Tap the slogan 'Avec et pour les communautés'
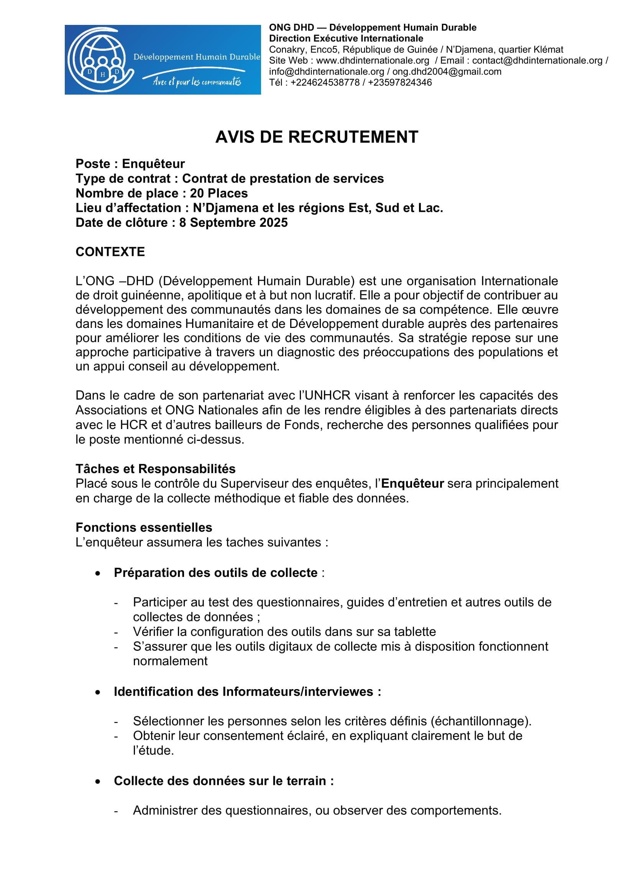(x=197, y=82)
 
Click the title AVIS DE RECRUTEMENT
(x=317, y=137)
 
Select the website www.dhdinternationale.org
(x=373, y=61)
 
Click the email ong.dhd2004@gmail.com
(x=447, y=71)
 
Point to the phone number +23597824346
(x=400, y=82)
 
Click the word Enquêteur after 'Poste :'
(x=153, y=164)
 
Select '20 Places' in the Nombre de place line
(x=218, y=193)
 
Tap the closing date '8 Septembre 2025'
(x=233, y=223)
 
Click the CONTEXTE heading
(x=110, y=252)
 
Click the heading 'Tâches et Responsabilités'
(x=155, y=468)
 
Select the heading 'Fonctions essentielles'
(x=144, y=527)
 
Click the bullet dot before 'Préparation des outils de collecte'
(x=98, y=573)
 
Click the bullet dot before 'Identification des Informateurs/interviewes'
(x=98, y=692)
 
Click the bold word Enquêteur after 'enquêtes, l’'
(x=412, y=483)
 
